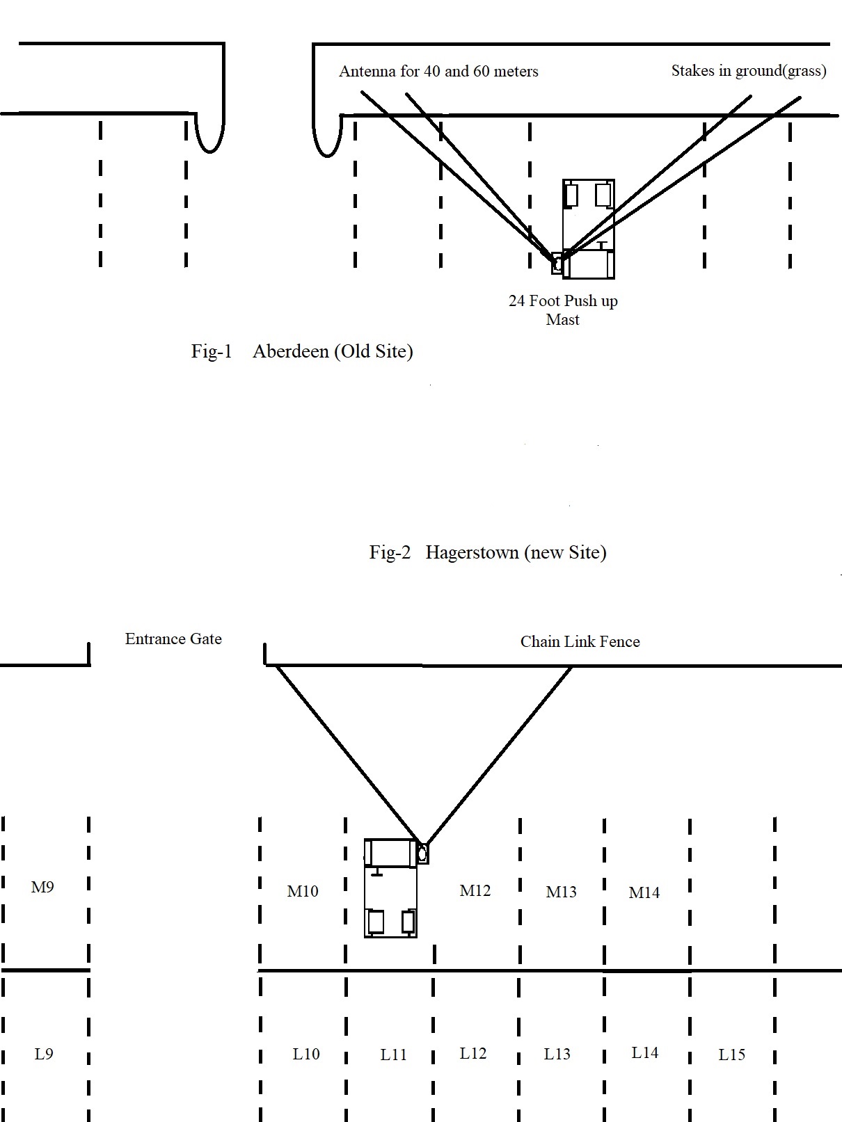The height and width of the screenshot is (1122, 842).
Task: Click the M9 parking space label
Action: coord(42,887)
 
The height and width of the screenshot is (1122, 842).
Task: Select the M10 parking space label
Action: coord(303,891)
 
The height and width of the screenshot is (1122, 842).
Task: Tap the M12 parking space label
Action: coord(475,890)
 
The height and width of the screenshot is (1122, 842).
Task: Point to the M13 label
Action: coord(561,892)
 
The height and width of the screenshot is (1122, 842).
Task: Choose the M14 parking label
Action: coord(644,892)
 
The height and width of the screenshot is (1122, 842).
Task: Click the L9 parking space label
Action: coord(44,1054)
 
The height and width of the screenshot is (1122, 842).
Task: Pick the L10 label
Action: coord(306,1054)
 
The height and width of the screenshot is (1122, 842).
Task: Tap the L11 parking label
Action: coord(393,1054)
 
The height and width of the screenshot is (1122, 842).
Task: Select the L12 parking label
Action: coord(473,1053)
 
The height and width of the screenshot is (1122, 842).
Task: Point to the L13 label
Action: coord(557,1054)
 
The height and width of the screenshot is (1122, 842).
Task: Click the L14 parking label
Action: coord(644,1052)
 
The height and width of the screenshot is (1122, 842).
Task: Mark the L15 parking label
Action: coord(731,1054)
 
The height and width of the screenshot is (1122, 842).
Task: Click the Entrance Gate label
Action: coord(173,639)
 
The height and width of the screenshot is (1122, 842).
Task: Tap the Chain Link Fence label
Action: coord(580,641)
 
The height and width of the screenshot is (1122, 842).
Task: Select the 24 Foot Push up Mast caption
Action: coord(563,310)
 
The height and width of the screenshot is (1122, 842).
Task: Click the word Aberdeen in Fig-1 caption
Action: coord(290,351)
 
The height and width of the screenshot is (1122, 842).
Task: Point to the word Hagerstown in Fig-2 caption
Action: coord(472,552)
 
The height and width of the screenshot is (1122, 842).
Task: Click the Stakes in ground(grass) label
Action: coord(749,70)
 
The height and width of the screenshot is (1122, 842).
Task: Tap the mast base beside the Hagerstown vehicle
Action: coord(422,853)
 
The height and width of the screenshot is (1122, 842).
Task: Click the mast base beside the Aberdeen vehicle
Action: coord(557,264)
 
